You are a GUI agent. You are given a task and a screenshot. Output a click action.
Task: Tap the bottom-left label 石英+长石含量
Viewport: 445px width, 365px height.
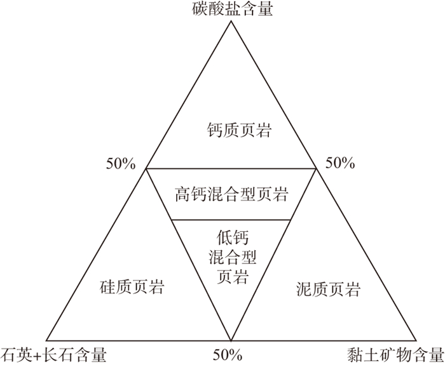(x=53, y=354)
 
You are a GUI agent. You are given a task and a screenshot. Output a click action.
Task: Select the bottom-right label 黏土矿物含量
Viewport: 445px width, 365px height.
(x=395, y=354)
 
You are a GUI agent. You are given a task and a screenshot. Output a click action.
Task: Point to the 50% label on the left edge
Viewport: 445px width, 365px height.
(x=121, y=163)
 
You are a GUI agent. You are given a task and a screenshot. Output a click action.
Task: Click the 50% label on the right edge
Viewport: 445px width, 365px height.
(x=339, y=163)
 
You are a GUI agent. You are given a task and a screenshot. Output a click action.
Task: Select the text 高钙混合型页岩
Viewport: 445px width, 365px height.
(x=231, y=194)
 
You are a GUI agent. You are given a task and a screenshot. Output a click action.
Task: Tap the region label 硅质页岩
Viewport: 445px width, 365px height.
(x=133, y=288)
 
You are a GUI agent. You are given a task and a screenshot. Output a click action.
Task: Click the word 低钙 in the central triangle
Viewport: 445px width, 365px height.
(x=231, y=238)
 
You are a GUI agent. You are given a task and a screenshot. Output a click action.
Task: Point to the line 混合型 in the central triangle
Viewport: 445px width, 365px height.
(x=231, y=257)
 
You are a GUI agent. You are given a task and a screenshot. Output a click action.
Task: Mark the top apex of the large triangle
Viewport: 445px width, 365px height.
(x=231, y=22)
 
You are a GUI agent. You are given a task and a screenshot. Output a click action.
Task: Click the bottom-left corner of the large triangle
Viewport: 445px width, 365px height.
(x=47, y=339)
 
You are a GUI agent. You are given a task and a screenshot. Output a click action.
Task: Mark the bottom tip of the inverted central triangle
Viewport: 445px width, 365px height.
(x=231, y=338)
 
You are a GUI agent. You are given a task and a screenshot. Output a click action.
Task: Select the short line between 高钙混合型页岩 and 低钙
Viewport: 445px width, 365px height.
(x=231, y=220)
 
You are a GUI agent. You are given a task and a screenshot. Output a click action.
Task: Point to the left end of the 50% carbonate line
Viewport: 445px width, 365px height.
(x=146, y=169)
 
